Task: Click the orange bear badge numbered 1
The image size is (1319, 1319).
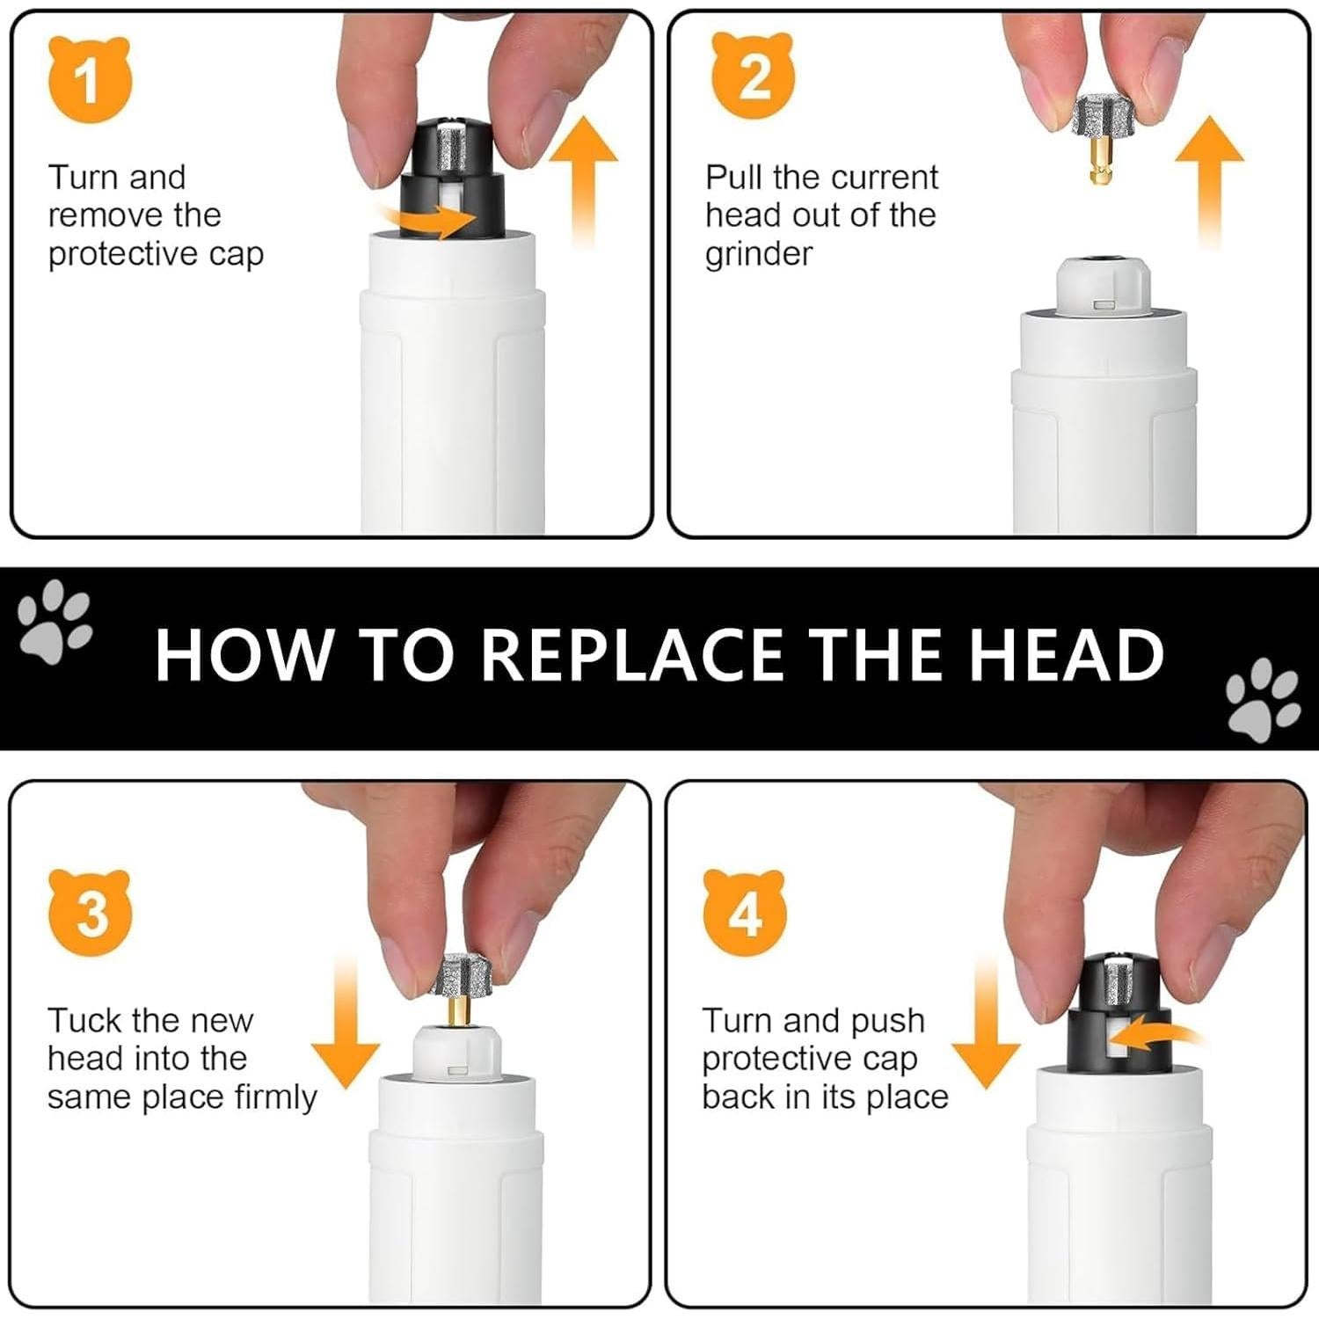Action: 89,80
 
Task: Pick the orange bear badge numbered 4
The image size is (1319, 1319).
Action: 746,915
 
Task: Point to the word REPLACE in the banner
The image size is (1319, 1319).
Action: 630,655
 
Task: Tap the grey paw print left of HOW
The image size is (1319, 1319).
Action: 55,621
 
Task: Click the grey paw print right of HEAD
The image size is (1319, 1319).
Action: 1264,696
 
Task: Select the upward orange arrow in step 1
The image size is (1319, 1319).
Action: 584,181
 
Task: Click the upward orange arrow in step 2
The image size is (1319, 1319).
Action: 1210,181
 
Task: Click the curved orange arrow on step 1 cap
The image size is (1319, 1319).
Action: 428,221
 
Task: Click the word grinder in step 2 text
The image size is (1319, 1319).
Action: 759,254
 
